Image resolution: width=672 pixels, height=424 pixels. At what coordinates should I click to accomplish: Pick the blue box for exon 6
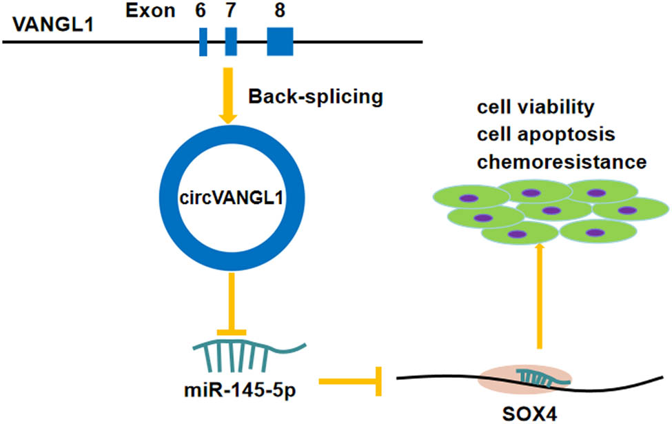(x=203, y=41)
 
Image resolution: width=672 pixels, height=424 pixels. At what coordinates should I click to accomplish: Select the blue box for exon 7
(x=232, y=41)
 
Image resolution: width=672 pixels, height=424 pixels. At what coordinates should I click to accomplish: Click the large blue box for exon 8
(x=281, y=41)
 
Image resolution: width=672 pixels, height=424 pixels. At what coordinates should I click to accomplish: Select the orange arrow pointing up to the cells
(x=539, y=296)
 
